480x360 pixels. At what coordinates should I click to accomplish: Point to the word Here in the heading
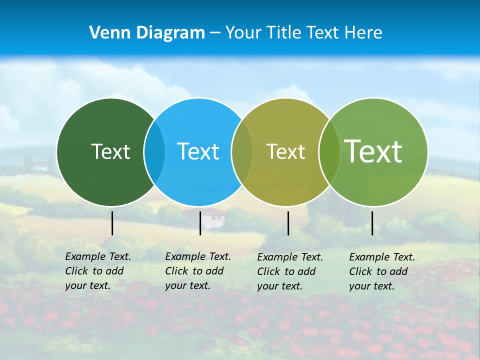pyautogui.click(x=363, y=33)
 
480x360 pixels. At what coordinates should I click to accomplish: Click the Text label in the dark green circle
pyautogui.click(x=110, y=151)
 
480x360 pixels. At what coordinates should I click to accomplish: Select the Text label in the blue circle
pyautogui.click(x=198, y=151)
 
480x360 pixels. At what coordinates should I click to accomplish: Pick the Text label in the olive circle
pyautogui.click(x=285, y=151)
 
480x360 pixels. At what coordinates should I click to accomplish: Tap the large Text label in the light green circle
pyautogui.click(x=373, y=151)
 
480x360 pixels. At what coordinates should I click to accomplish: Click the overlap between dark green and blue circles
pyautogui.click(x=154, y=152)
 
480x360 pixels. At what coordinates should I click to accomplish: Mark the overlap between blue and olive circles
pyautogui.click(x=242, y=152)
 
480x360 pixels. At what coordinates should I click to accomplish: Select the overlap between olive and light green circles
pyautogui.click(x=329, y=152)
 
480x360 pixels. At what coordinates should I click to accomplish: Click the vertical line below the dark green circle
pyautogui.click(x=112, y=223)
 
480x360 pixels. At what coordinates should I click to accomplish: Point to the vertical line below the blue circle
pyautogui.click(x=200, y=223)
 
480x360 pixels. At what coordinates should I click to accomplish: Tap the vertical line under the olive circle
pyautogui.click(x=288, y=223)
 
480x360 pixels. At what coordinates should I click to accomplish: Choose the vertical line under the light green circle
pyautogui.click(x=372, y=223)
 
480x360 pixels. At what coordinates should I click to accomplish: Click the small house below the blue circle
pyautogui.click(x=212, y=215)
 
